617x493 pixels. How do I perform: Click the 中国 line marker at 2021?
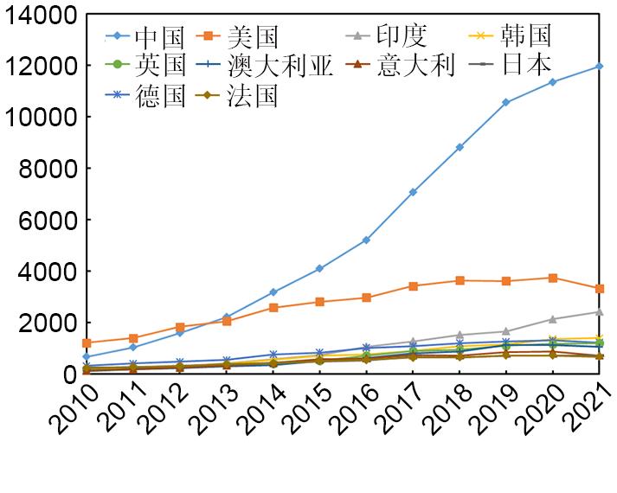tap(600, 66)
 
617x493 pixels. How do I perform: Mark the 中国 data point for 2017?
tap(413, 192)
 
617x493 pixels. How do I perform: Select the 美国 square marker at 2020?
tap(553, 278)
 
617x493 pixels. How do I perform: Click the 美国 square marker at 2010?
tap(87, 343)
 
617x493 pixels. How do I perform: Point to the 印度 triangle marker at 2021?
tap(600, 311)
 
